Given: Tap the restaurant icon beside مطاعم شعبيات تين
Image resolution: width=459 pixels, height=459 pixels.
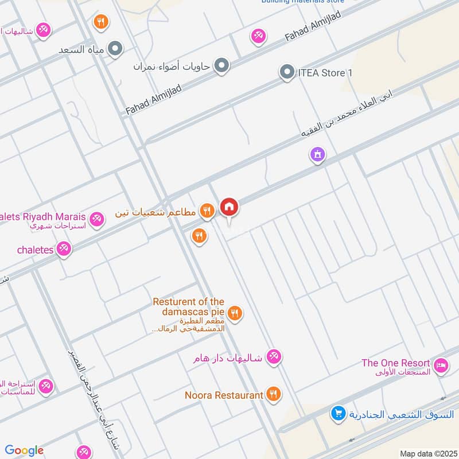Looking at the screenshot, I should [207, 212].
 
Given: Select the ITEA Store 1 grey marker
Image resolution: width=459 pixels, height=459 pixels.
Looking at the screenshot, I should [286, 73].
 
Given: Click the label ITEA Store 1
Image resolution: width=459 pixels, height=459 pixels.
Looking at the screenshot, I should [325, 73].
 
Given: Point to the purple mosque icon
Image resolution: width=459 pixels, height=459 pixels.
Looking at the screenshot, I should [317, 154].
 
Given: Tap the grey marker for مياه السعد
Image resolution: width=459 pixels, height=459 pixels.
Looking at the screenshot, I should [115, 49].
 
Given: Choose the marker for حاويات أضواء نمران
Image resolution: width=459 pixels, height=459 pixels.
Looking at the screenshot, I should [221, 66].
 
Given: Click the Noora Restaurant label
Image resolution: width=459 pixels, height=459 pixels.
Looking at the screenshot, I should [224, 395].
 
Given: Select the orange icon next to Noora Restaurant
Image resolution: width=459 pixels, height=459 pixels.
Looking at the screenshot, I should [273, 394].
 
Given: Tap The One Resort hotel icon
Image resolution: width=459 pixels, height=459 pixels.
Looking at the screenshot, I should [441, 364].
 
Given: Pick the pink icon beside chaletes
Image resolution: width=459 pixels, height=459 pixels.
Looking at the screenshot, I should [64, 250].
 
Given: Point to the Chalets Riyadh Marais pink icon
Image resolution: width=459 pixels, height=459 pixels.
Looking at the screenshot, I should [96, 218].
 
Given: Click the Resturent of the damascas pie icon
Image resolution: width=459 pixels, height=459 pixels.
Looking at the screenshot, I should [234, 313].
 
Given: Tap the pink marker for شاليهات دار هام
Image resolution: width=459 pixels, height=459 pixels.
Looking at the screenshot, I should [274, 357].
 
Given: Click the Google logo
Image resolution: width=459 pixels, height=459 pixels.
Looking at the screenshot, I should [24, 450].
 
